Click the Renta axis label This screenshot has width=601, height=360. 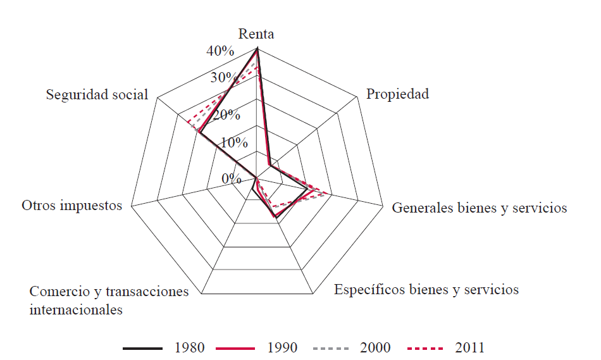coord(256,34)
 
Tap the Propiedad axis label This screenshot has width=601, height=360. coord(397,94)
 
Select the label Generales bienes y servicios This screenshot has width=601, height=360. coord(479,208)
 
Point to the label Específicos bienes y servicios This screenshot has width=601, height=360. coord(426,290)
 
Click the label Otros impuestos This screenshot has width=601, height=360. coord(71,206)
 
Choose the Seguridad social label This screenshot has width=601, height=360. coord(97,94)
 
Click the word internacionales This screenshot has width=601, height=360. coord(76,310)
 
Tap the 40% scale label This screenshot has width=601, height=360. coord(221,51)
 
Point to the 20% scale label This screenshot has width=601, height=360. coord(226,115)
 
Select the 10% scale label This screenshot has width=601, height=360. coord(234,142)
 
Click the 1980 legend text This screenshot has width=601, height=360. coord(189,347)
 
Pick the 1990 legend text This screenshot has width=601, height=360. coord(283,347)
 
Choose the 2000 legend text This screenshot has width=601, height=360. coord(376,347)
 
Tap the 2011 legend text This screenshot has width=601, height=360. coord(469,347)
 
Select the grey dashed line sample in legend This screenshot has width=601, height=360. coord(330,348)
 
